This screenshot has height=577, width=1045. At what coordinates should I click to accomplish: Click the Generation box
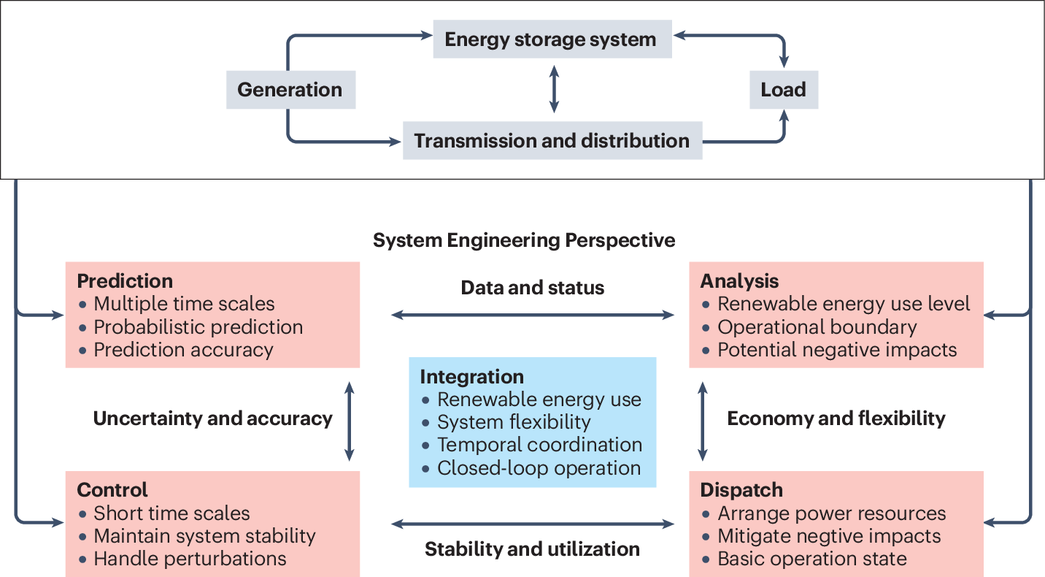click(x=290, y=90)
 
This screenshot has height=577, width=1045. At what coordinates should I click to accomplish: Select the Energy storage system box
click(x=551, y=39)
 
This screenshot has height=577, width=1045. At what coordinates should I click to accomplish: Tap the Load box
click(x=783, y=90)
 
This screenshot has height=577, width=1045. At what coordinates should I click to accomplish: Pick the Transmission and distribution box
click(x=552, y=140)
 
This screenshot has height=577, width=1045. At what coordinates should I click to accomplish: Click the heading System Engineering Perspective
click(x=524, y=240)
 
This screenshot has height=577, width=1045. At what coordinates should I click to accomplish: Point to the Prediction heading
click(x=125, y=281)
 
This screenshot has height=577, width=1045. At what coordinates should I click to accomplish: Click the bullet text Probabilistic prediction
click(x=198, y=326)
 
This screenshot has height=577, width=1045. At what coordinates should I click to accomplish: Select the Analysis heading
click(x=739, y=281)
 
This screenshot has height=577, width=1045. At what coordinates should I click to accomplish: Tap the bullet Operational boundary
click(x=817, y=326)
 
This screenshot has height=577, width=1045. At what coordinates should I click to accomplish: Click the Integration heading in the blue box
click(x=471, y=377)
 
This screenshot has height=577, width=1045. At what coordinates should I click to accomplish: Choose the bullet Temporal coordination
click(x=539, y=444)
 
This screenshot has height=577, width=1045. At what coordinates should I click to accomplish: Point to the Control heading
click(x=112, y=489)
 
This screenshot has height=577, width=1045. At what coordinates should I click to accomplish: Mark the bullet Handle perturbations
click(x=190, y=559)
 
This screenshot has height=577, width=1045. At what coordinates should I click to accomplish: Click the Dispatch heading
click(x=741, y=489)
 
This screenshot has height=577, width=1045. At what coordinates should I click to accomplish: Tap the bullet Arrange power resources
click(x=831, y=513)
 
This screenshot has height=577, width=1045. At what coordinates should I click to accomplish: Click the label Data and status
click(x=533, y=288)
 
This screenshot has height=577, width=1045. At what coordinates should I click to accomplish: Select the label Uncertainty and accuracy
click(x=212, y=419)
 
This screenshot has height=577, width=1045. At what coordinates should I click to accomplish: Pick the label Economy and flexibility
click(x=836, y=419)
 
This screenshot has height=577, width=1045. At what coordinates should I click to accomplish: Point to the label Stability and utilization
click(x=533, y=549)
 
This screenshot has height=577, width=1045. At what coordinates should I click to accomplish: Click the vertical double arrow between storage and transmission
click(x=554, y=89)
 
